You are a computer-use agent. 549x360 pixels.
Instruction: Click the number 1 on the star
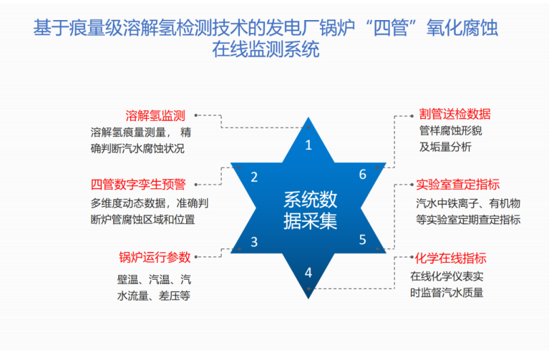[x=308, y=145]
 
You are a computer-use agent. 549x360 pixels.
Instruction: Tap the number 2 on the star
[x=254, y=177]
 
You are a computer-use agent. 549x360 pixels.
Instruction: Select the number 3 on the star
[x=254, y=242]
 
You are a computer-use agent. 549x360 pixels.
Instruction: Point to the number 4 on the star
[x=308, y=273]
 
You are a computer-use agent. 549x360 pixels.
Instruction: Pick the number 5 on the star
[x=363, y=240]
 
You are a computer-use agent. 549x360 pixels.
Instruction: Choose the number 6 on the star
[x=363, y=175]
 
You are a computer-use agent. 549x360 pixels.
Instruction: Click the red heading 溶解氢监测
[x=155, y=115]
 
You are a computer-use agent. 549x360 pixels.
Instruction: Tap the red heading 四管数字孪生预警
[x=138, y=184]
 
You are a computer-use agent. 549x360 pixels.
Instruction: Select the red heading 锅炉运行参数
[x=155, y=257]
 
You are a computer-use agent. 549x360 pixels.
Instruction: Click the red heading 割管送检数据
[x=455, y=115]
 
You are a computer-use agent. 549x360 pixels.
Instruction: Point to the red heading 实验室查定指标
[x=458, y=185]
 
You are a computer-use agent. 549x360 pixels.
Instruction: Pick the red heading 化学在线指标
[x=451, y=258]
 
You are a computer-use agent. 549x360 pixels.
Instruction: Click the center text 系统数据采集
[x=310, y=210]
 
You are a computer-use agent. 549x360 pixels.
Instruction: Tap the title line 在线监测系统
[x=266, y=49]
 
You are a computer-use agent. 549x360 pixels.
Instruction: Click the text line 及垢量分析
[x=445, y=147]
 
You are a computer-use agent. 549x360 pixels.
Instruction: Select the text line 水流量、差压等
[x=154, y=296]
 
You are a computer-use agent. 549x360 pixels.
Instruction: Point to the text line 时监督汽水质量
[x=447, y=293]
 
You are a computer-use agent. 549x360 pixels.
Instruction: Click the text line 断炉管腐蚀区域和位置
[x=143, y=220]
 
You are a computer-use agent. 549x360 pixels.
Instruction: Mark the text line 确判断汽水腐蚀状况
[x=137, y=148]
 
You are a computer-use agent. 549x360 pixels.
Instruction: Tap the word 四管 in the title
[x=390, y=28]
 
